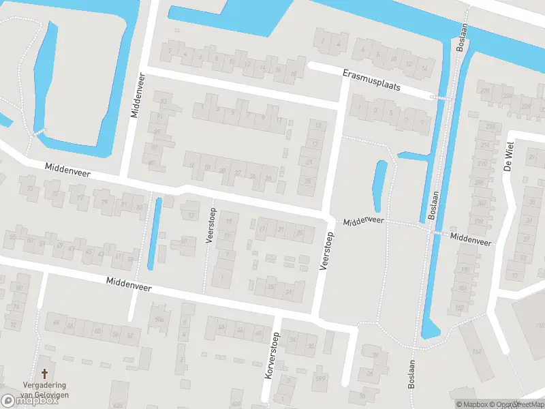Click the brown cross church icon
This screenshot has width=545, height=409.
(x=45, y=374)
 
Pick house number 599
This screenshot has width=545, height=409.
(x=320, y=379)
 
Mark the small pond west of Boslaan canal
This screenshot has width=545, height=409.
(x=379, y=185)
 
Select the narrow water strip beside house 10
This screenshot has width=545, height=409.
(x=154, y=232)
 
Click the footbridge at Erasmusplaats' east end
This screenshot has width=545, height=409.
(x=440, y=98)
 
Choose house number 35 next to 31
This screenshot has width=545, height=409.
(x=272, y=287)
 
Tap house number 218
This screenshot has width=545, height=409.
(x=490, y=126)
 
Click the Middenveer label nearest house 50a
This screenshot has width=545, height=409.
(x=128, y=285)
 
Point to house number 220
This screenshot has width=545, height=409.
(x=485, y=91)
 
